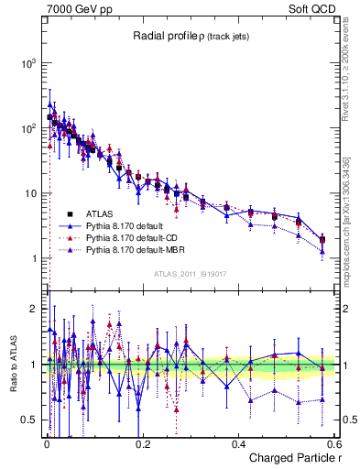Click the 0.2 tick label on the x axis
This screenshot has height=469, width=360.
[x=142, y=443]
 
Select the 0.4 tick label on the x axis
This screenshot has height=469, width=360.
[x=238, y=443]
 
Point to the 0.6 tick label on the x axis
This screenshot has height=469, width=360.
[x=334, y=443]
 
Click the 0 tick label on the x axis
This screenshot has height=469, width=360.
[x=47, y=443]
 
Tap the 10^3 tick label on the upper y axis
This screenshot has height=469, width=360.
[x=29, y=63]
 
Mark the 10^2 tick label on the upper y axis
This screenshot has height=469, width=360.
[x=29, y=128]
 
